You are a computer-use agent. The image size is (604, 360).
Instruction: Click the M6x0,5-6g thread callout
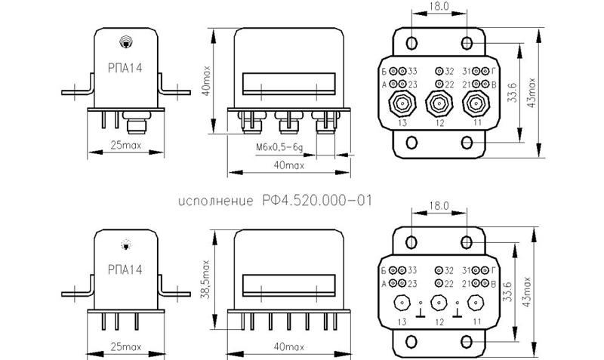(279, 147)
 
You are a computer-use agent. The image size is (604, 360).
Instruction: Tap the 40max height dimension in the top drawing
(207, 81)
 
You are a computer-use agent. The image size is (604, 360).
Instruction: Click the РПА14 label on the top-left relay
(125, 68)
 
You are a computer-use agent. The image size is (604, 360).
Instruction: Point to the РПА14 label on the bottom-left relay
(125, 269)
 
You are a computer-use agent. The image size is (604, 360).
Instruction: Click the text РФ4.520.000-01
(317, 201)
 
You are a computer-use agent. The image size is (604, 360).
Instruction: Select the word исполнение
(216, 202)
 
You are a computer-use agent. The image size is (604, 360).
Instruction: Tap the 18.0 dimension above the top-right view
(439, 6)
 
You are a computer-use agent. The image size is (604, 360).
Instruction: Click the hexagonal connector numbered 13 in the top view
(402, 103)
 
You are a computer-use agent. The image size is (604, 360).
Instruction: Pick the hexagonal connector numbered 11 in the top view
(476, 103)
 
